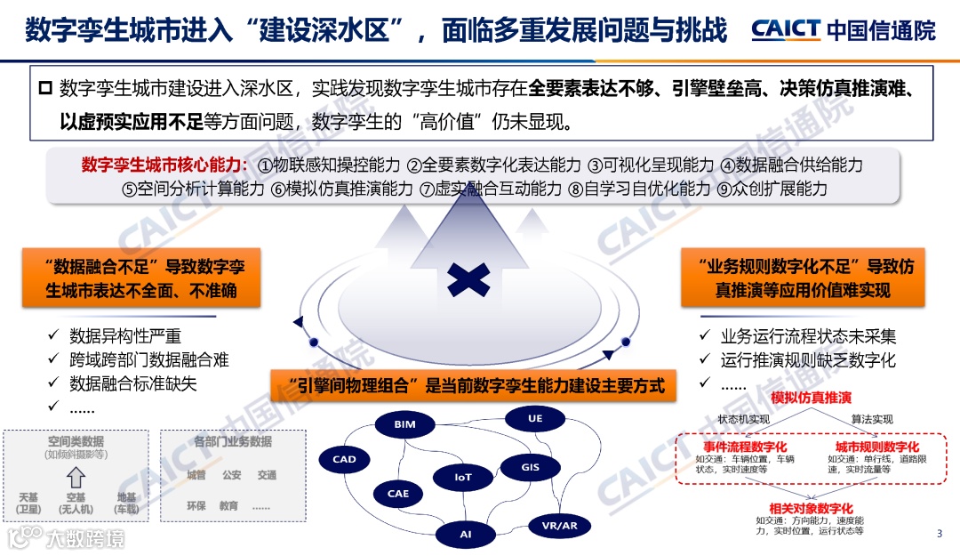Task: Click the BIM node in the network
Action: [x=404, y=425]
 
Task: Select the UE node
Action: [x=534, y=418]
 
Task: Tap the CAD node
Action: [x=344, y=460]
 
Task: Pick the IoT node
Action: [x=463, y=477]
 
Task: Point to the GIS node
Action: [x=531, y=466]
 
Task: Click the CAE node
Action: [x=398, y=493]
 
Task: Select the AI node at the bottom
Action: [x=466, y=534]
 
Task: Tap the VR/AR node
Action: [x=559, y=526]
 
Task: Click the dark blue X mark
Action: [x=468, y=278]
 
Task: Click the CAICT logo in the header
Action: [x=785, y=29]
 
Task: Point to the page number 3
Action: [x=940, y=534]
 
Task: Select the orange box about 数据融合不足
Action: [x=141, y=278]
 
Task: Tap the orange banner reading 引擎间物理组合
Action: [x=469, y=385]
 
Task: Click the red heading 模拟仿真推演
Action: [x=811, y=397]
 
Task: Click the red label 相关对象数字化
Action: [x=811, y=508]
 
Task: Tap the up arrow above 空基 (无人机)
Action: [x=76, y=476]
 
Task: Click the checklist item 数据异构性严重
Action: [x=125, y=336]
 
